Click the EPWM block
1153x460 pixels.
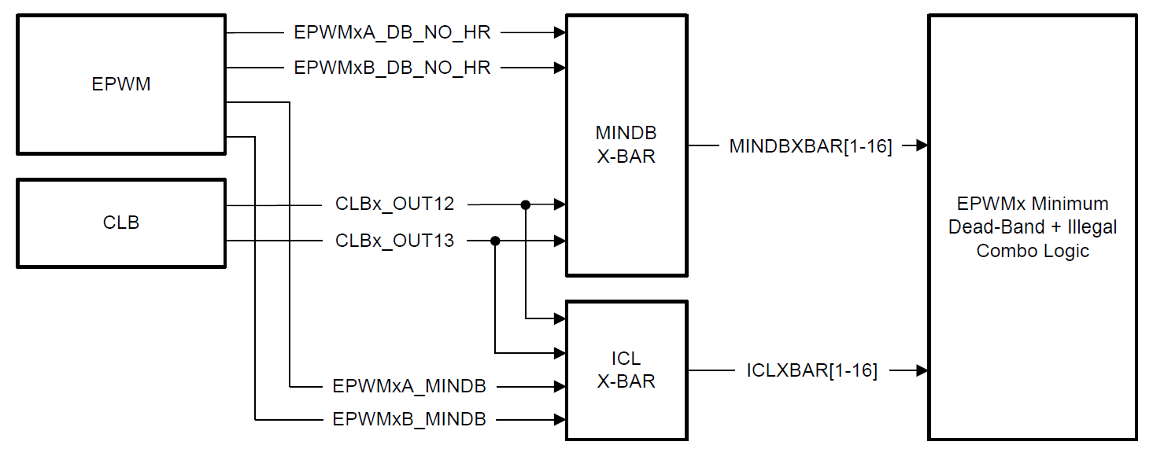click(121, 85)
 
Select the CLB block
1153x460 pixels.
click(121, 223)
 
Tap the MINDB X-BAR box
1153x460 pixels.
click(626, 145)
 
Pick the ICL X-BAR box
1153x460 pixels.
click(626, 370)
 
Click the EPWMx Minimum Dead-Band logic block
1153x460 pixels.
click(1033, 227)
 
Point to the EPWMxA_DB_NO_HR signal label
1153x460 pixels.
click(392, 33)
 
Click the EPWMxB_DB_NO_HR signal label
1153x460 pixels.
click(392, 68)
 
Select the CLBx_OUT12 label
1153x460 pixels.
click(395, 204)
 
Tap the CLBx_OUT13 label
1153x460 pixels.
click(395, 241)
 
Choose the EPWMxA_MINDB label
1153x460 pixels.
click(409, 386)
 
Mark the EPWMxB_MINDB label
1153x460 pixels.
click(409, 419)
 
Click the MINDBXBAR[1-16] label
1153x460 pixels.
click(811, 146)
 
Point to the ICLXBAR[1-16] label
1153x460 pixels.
click(811, 370)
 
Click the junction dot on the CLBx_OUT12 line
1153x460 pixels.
click(525, 205)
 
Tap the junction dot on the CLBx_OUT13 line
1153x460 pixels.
click(495, 241)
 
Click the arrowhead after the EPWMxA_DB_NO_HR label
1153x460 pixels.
click(560, 33)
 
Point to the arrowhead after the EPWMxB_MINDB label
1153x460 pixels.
click(560, 419)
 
